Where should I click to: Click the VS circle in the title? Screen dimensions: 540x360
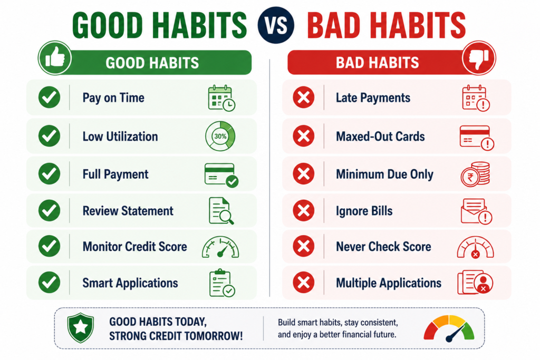[x=276, y=25]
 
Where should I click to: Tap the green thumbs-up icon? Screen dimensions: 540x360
[x=55, y=58]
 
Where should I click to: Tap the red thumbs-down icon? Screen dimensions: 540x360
[x=479, y=58]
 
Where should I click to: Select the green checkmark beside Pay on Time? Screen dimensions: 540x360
[x=49, y=98]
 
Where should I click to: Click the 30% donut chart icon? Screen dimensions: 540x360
[x=220, y=137]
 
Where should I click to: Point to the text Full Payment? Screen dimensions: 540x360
[x=115, y=174]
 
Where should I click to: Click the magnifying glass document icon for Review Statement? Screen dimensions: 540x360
[x=221, y=211]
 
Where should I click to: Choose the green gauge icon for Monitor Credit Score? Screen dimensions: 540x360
[x=220, y=247]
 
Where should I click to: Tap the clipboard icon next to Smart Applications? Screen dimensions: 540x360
[x=222, y=283]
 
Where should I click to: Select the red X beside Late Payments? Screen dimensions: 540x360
[x=303, y=98]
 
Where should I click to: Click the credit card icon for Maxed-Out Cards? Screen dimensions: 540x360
[x=477, y=138]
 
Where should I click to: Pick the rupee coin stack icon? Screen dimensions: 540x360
[x=475, y=174]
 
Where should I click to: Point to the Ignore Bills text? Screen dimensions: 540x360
[x=364, y=211]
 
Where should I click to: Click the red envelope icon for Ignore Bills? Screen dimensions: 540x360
[x=476, y=211]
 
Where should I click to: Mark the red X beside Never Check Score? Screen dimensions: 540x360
[x=303, y=247]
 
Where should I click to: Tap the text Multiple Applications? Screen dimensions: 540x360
[x=389, y=283]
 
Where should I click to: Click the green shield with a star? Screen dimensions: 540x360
[x=81, y=328]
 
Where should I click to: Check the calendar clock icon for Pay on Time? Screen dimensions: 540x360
[x=222, y=98]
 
